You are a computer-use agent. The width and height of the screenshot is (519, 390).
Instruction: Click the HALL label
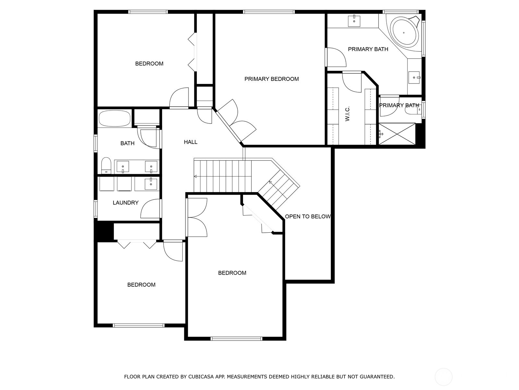pos(190,142)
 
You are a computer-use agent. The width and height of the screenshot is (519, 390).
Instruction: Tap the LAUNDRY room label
pos(126,203)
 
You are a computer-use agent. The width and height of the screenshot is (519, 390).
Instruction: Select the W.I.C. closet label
pos(347,113)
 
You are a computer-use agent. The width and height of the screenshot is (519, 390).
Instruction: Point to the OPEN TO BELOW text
pos(308,216)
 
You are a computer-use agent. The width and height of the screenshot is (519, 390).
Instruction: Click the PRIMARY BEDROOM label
pos(272,79)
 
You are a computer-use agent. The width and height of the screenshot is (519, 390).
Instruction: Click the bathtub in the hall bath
pos(115,119)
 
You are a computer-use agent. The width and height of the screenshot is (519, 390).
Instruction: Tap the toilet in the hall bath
pos(106,165)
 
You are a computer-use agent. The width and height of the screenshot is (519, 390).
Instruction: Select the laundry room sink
pos(151,184)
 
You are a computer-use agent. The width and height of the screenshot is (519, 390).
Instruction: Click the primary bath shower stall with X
pos(397,134)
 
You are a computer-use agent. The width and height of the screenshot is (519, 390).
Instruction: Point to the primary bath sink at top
pos(354,20)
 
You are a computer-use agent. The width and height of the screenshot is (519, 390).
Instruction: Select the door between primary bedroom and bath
pos(335,57)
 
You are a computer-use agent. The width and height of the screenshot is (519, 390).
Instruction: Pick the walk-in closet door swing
pos(352,82)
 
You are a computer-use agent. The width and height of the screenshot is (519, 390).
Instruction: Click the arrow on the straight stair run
pos(196,176)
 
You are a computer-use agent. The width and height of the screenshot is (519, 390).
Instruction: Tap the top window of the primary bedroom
pos(269,12)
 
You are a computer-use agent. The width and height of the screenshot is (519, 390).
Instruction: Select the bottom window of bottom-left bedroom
pos(139,325)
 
